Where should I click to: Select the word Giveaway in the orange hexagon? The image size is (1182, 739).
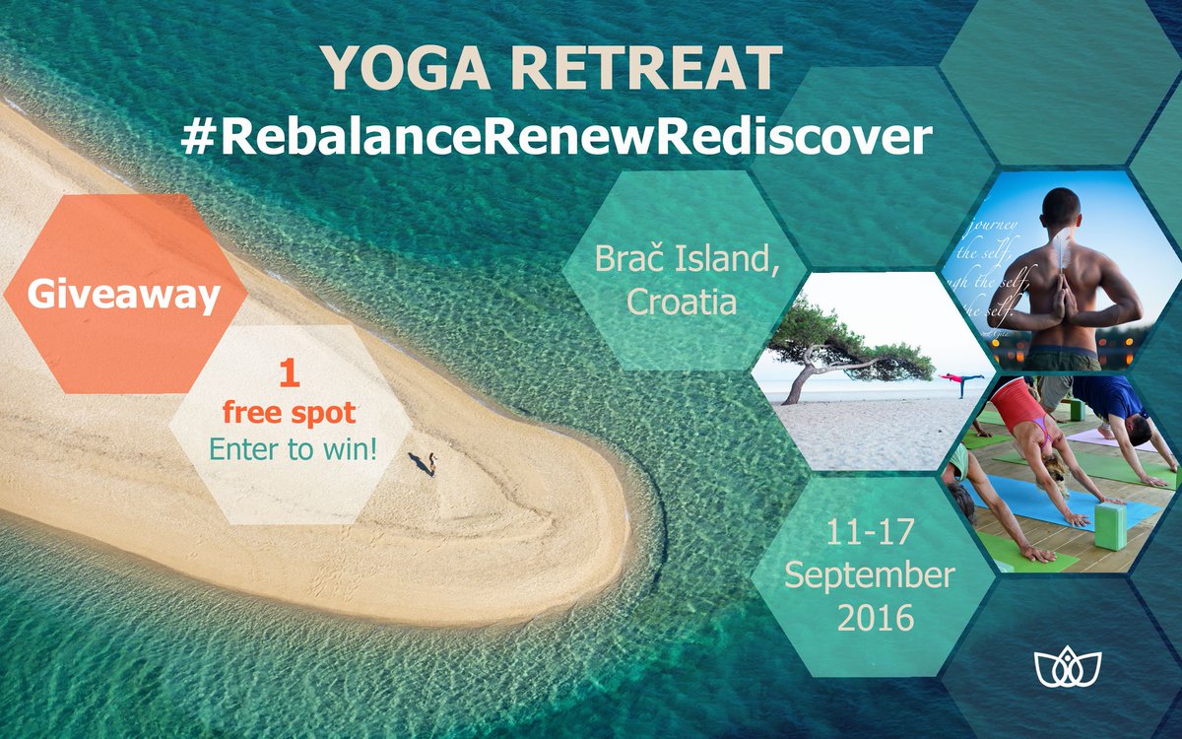tap(123, 294)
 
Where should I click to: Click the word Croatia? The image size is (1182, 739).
tap(682, 301)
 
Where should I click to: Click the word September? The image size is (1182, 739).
tap(870, 576)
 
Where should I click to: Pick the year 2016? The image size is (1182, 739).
tap(875, 617)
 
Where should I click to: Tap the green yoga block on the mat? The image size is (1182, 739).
tap(1109, 524)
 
